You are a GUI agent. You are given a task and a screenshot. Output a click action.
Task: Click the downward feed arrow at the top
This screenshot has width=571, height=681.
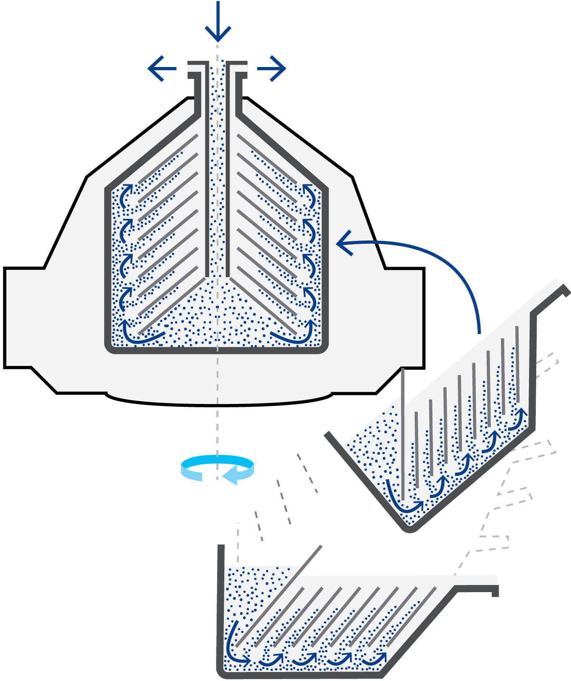(218, 21)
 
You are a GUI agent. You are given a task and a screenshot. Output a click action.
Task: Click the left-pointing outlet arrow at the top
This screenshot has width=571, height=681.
(162, 69)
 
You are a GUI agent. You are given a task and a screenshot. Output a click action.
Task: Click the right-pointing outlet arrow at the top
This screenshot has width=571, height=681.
(272, 69)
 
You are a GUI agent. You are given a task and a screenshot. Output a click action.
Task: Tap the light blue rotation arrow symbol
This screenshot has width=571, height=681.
(217, 468)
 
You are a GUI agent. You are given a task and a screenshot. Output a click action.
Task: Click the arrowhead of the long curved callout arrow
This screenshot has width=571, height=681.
(344, 243)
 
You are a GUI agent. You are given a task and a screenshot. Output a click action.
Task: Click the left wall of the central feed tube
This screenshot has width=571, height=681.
(207, 190)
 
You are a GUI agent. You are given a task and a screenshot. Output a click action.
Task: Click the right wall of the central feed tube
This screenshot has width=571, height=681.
(228, 190)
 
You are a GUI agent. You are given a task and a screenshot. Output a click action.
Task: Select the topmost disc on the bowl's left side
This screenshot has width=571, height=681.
(167, 157)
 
